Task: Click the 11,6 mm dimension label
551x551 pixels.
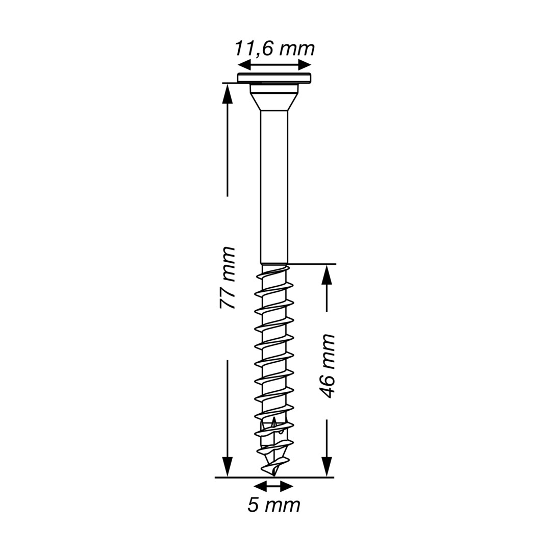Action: pyautogui.click(x=274, y=49)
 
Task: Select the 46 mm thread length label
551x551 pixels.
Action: pyautogui.click(x=328, y=366)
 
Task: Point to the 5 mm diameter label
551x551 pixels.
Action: pyautogui.click(x=274, y=505)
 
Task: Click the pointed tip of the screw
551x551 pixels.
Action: pyautogui.click(x=274, y=475)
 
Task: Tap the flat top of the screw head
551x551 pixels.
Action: pyautogui.click(x=274, y=78)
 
